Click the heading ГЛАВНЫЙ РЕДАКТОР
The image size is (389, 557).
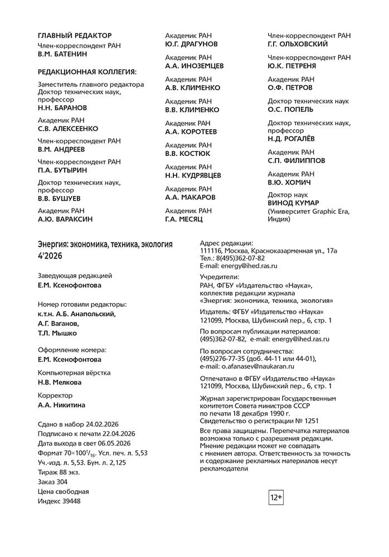pyautogui.click(x=74, y=36)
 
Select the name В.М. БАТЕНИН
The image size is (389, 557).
pyautogui.click(x=62, y=55)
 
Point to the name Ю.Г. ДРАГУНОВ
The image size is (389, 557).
pyautogui.click(x=191, y=44)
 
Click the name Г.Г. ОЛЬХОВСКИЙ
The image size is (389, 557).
pyautogui.click(x=298, y=44)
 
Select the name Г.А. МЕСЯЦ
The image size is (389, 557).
pyautogui.click(x=184, y=219)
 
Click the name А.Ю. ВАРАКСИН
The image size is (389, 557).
pyautogui.click(x=65, y=219)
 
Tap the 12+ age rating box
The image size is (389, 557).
pyautogui.click(x=276, y=497)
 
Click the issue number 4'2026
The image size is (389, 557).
pyautogui.click(x=50, y=256)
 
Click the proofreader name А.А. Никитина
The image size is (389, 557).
pyautogui.click(x=61, y=405)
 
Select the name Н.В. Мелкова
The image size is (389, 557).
pyautogui.click(x=59, y=383)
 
